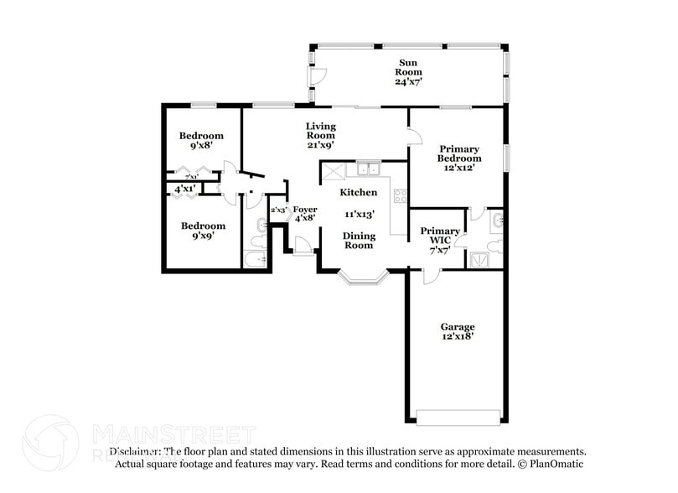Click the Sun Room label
407,67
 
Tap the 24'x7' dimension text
407,82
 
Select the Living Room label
320,131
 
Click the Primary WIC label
440,236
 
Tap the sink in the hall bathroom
261,224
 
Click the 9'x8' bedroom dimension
201,145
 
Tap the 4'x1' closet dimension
184,189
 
